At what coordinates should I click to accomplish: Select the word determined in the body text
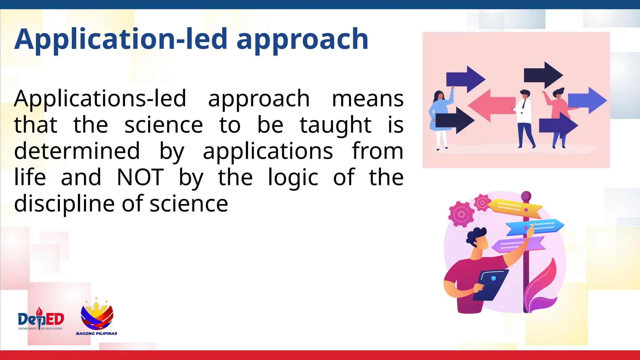77,151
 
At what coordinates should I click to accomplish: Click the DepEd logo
41,319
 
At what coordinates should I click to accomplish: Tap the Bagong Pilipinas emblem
97,316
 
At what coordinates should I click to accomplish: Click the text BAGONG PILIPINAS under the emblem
97,333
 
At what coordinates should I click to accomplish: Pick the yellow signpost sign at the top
516,207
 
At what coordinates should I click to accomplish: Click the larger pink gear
461,214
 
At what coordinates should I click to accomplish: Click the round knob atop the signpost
526,196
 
